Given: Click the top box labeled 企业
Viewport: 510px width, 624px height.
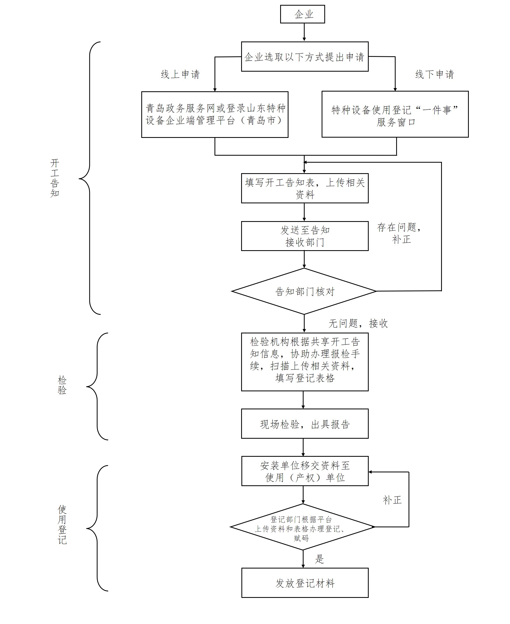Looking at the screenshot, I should point(302,14).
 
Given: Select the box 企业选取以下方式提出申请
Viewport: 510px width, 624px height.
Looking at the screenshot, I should point(305,57).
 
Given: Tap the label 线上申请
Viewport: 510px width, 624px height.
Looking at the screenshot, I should point(180,74).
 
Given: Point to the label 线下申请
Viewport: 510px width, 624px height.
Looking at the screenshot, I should point(434,74).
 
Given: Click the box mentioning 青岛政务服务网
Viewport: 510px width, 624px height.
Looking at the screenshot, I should point(215,114).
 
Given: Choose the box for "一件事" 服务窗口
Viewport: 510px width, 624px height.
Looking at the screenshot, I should point(395,114).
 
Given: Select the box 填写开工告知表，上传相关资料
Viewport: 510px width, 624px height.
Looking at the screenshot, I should point(305,188).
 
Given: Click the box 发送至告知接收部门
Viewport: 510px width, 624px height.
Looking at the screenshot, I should point(305,236).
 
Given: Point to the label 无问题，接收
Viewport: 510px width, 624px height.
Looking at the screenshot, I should point(358,324).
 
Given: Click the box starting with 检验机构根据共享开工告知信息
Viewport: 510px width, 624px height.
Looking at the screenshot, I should point(305,362).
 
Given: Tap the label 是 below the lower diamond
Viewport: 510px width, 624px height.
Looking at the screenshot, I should point(319,559).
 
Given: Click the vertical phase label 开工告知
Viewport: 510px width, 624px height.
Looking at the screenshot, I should point(55,178).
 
